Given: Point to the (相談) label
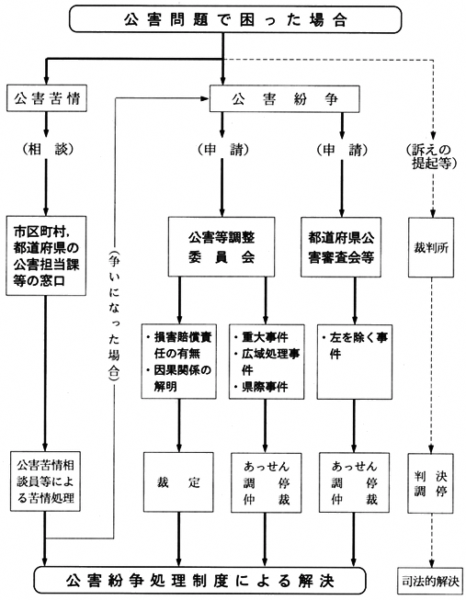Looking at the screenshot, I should pos(45,150).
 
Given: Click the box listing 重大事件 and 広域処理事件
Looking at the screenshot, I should pos(267,360).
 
